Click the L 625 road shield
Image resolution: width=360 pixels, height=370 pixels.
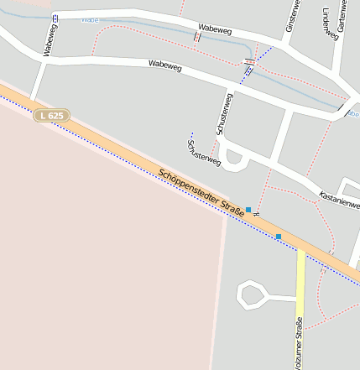pos(52,116)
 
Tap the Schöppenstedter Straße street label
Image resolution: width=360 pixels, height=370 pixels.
pos(202,193)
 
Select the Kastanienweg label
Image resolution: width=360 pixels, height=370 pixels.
pos(341,200)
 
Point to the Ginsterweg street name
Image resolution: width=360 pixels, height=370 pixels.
pos(291,16)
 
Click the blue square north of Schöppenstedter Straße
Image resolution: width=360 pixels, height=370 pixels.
pos(248,209)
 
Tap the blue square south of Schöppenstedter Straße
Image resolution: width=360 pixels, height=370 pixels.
pos(279,237)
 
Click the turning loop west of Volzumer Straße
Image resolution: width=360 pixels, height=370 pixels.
pos(252,294)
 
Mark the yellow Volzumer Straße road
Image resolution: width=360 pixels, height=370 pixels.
pos(300,285)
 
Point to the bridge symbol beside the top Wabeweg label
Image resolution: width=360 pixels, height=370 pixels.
pos(197,37)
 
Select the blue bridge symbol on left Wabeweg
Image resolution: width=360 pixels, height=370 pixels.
pos(55,17)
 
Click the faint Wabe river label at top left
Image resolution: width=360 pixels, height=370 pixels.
pos(90,18)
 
